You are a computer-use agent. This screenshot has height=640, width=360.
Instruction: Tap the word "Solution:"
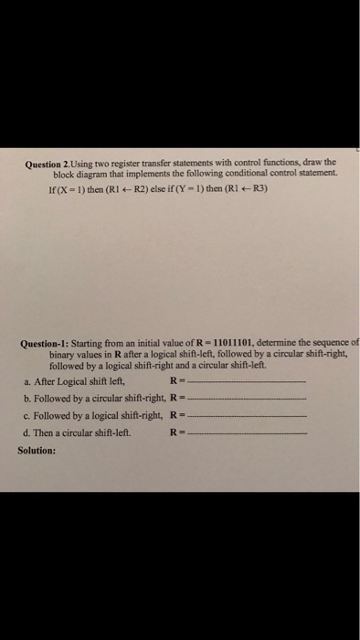[37, 450]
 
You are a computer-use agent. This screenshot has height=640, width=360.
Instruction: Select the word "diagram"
[89, 172]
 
